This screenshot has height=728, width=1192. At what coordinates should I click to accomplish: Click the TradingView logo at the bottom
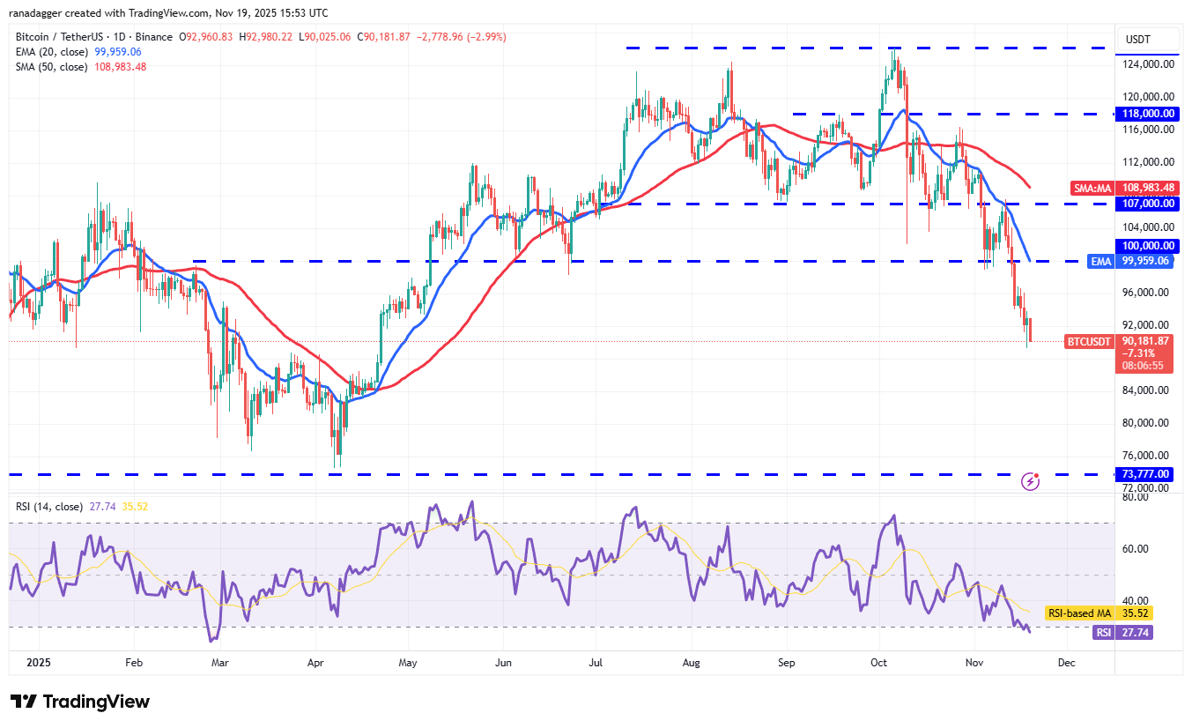(80, 702)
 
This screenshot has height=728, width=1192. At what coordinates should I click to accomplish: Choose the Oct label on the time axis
(878, 661)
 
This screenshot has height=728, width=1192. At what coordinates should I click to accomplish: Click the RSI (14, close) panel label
(49, 507)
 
